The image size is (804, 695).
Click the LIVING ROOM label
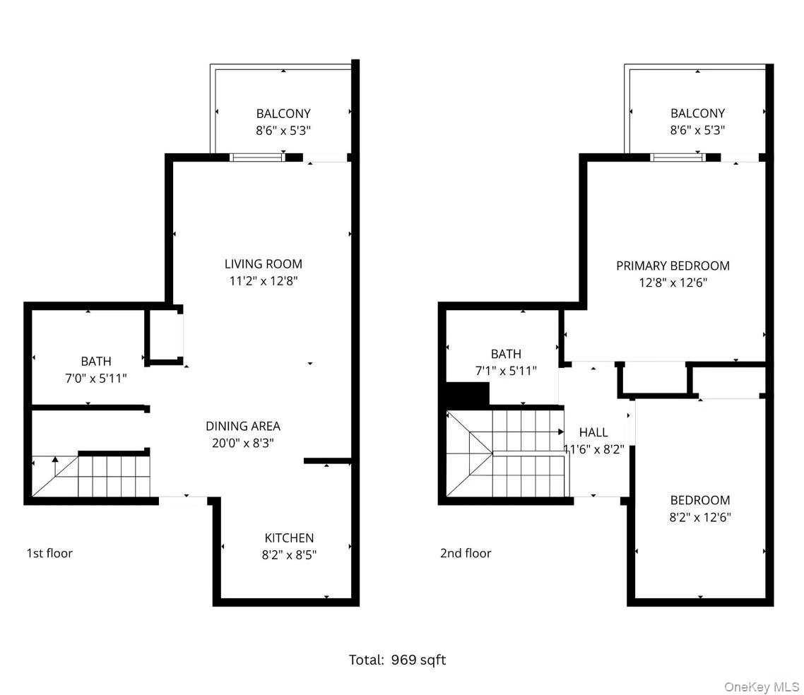[263, 264]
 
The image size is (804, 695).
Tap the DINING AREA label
[242, 426]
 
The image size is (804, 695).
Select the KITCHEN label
[289, 537]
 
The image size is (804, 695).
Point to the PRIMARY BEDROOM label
[673, 266]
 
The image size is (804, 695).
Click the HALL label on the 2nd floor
[593, 432]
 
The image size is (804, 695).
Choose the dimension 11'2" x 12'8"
[263, 281]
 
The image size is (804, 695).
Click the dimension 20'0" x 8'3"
[242, 444]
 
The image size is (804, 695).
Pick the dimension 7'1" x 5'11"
[506, 371]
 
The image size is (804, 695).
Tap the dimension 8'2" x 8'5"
[289, 555]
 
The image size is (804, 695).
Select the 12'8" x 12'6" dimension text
[673, 283]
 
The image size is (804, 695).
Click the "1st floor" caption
[49, 553]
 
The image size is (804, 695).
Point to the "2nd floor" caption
[466, 553]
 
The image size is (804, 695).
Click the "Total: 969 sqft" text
[397, 660]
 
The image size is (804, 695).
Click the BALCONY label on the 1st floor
[283, 113]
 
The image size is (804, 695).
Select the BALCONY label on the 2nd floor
[697, 113]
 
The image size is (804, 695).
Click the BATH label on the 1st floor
[95, 362]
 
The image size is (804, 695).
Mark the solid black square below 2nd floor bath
[468, 394]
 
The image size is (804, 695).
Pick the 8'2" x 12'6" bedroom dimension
[700, 518]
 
